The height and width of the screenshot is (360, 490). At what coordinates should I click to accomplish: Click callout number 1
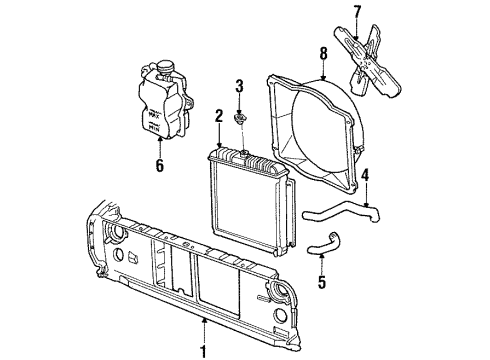pos(205,351)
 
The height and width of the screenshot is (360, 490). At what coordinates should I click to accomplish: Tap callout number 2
pos(217,115)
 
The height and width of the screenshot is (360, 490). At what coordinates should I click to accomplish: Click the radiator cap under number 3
pos(240,121)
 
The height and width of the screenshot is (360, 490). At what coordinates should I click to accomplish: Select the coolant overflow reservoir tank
pos(160,105)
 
